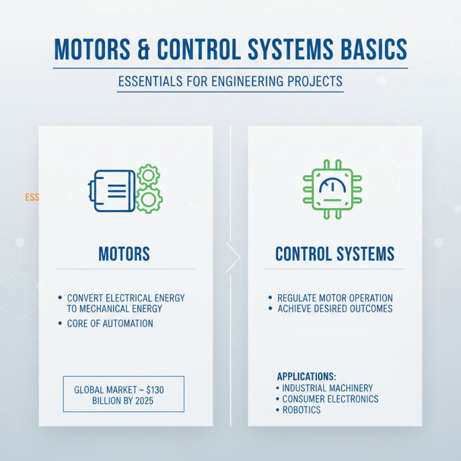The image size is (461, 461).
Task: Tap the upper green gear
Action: coord(149,175)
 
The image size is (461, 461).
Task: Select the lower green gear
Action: coord(149,200)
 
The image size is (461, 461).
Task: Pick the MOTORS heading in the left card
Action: coord(124,254)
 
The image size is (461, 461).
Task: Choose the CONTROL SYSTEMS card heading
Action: coord(335,254)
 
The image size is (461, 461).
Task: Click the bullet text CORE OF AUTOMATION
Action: coord(110,324)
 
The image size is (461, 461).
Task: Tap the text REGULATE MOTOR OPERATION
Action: coord(335,298)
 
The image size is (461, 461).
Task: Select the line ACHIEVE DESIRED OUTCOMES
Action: coord(335,309)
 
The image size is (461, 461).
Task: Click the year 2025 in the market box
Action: coord(143,401)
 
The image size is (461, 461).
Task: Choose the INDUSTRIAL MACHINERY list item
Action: coord(327,388)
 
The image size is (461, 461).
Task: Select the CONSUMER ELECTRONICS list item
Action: coord(330,399)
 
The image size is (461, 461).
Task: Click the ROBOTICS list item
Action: coord(301,410)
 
